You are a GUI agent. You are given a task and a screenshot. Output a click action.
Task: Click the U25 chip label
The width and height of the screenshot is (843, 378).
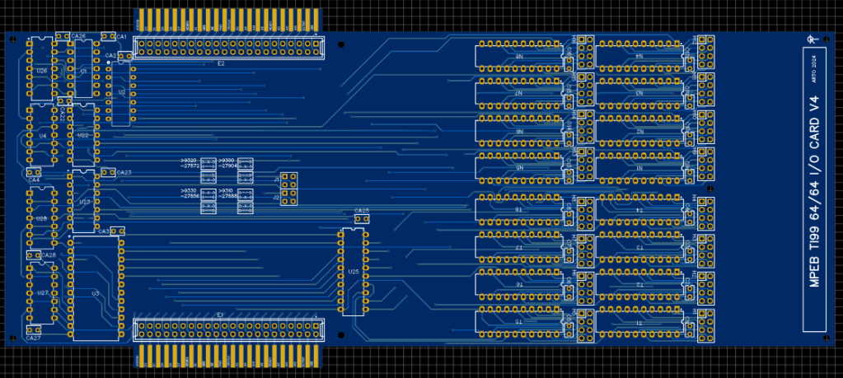point(354,271)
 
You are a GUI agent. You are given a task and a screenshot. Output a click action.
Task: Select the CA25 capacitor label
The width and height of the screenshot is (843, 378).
point(361,212)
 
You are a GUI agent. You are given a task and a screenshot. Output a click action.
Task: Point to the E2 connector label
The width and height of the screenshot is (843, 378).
point(221,63)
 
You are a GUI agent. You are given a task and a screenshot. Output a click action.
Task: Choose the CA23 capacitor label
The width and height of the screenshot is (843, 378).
point(124,172)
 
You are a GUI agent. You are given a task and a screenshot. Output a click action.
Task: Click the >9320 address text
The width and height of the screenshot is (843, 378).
point(189,160)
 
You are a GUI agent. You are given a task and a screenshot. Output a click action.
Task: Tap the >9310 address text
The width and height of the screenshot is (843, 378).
point(226,190)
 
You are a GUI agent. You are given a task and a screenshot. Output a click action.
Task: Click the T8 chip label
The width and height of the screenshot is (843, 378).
point(519,210)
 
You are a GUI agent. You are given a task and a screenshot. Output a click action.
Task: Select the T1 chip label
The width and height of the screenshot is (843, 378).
point(639,324)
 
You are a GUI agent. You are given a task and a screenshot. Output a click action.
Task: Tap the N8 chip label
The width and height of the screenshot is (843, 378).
point(519,56)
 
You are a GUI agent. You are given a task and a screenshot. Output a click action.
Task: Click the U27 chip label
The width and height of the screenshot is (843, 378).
point(42,292)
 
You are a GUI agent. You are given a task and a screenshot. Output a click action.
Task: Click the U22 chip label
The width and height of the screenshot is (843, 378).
point(82,134)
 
